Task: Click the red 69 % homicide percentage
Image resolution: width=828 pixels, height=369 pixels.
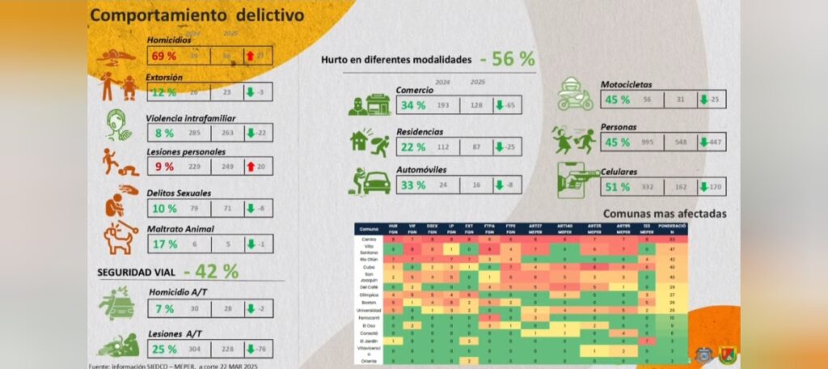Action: click(x=166, y=56)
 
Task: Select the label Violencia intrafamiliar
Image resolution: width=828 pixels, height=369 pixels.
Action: click(x=191, y=118)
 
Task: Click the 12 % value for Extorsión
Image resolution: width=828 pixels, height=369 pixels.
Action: click(x=163, y=92)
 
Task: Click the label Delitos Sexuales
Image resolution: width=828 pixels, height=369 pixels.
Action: click(x=179, y=193)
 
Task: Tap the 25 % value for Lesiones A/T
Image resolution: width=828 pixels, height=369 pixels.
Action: click(x=165, y=349)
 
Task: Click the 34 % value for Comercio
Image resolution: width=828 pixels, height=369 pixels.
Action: click(x=413, y=106)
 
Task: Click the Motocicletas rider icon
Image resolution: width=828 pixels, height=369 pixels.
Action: click(x=576, y=95)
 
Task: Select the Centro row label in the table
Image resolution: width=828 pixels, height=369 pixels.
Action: click(x=368, y=240)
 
